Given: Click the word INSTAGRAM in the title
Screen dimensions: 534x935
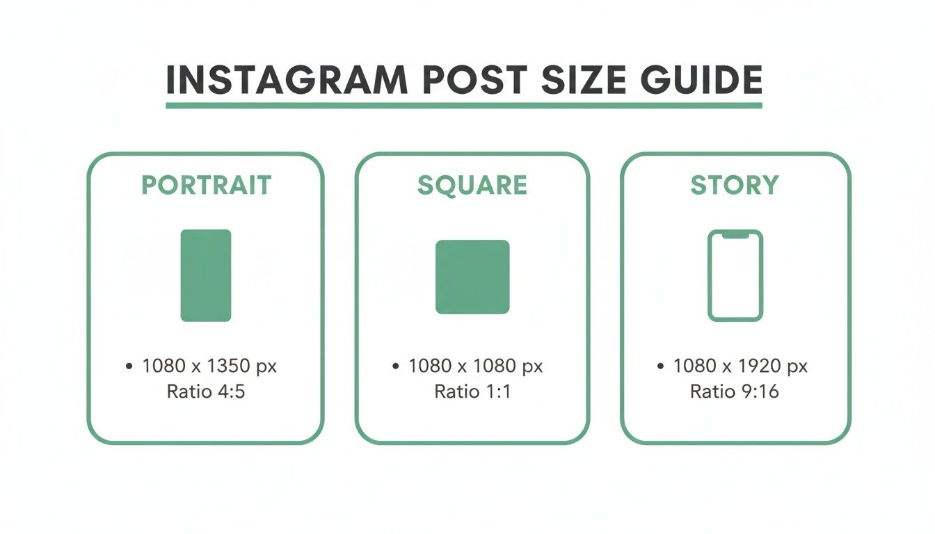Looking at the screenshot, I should click(x=287, y=81).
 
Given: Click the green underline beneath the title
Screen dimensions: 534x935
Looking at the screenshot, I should click(x=464, y=106).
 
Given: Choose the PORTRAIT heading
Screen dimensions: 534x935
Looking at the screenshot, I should click(x=206, y=186).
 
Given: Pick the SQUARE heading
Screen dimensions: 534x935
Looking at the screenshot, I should click(x=472, y=186).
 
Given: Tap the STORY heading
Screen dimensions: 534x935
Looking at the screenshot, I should click(x=735, y=186).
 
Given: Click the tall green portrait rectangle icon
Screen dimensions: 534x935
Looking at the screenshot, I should click(x=206, y=275).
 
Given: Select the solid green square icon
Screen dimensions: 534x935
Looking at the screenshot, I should click(x=472, y=277).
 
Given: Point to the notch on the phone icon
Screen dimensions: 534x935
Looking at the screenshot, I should click(x=735, y=236).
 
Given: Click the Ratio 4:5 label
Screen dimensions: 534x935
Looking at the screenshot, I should click(x=206, y=391).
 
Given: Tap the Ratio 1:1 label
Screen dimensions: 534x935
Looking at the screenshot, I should click(x=472, y=391).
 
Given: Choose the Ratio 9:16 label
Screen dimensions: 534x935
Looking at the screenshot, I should click(x=735, y=391).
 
